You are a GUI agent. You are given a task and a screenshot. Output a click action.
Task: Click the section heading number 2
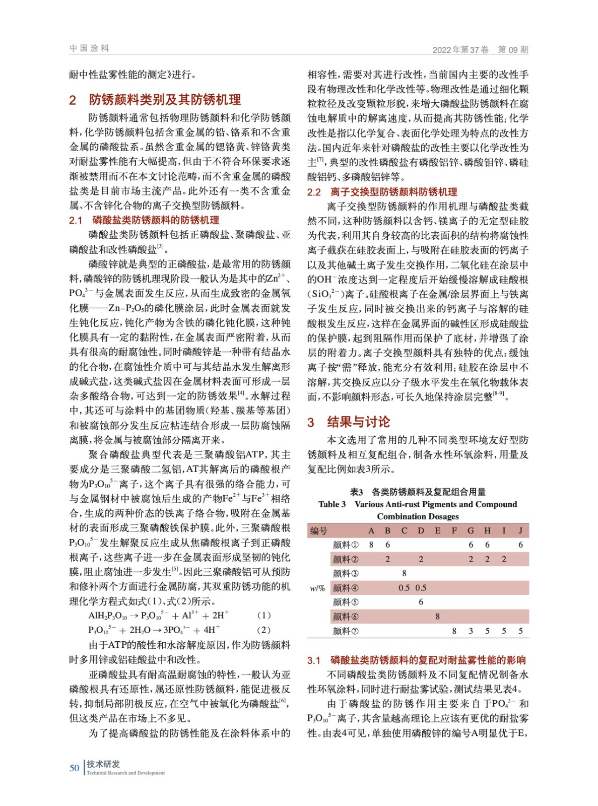(x=73, y=100)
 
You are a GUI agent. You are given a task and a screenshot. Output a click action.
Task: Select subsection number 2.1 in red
(x=76, y=220)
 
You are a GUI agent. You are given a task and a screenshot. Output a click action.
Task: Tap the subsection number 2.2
(x=314, y=192)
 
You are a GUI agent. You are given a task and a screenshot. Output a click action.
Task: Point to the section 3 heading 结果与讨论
(x=358, y=422)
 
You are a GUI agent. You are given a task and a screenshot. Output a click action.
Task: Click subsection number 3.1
(x=314, y=660)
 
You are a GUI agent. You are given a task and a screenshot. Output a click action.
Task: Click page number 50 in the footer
(x=74, y=768)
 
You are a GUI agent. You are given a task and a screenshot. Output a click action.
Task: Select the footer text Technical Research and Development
(x=125, y=773)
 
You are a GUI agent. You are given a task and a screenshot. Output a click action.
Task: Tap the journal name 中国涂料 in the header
(x=89, y=48)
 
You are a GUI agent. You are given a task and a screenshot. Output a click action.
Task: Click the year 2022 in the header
(x=442, y=50)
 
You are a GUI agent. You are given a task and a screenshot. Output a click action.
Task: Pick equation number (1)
(x=263, y=615)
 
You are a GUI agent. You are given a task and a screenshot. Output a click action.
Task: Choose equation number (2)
(x=263, y=630)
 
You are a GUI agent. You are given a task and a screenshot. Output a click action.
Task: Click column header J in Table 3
(x=520, y=530)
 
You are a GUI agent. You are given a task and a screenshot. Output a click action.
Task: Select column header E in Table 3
(x=437, y=530)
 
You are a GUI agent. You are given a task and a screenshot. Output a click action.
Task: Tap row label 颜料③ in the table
(x=346, y=573)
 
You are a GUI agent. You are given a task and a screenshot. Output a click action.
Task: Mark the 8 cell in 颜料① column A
(x=371, y=545)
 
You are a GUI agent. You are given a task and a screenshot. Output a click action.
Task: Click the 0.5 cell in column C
(x=404, y=588)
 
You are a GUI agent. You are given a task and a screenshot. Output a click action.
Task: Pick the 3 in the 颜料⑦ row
(x=471, y=631)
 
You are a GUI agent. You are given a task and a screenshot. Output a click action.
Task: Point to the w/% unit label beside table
(x=317, y=588)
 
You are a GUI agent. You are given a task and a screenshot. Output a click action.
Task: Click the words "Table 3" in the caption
(x=332, y=504)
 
